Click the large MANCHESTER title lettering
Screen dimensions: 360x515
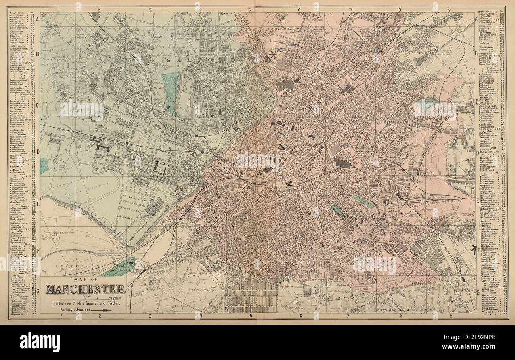[85, 289]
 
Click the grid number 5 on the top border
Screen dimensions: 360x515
[250, 10]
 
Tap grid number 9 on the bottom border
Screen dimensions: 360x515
[450, 316]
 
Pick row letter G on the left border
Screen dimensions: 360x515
[38, 291]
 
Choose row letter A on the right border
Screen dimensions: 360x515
[477, 19]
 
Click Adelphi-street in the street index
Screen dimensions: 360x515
[18, 13]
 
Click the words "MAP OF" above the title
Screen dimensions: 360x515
[85, 281]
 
